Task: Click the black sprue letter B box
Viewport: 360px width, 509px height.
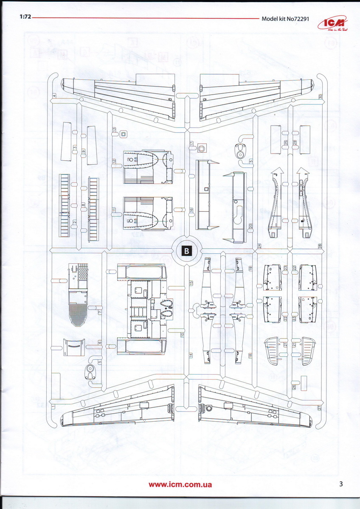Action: (x=186, y=251)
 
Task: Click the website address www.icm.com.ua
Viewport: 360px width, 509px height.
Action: (x=180, y=484)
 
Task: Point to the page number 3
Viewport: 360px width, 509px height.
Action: (x=341, y=484)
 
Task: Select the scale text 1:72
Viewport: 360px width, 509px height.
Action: (x=24, y=18)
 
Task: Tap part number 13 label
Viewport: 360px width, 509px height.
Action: (x=114, y=130)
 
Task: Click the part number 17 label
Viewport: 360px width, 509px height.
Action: (x=191, y=144)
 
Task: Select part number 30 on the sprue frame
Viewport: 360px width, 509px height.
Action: (x=320, y=97)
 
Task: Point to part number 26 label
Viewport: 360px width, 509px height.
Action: (x=294, y=387)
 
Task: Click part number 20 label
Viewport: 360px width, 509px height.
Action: (x=251, y=227)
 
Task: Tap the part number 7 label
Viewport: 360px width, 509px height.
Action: (x=99, y=312)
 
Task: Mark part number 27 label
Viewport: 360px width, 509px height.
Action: (x=319, y=408)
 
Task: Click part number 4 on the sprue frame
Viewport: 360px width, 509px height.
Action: (x=54, y=96)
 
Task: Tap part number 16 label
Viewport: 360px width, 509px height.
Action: (x=191, y=210)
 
